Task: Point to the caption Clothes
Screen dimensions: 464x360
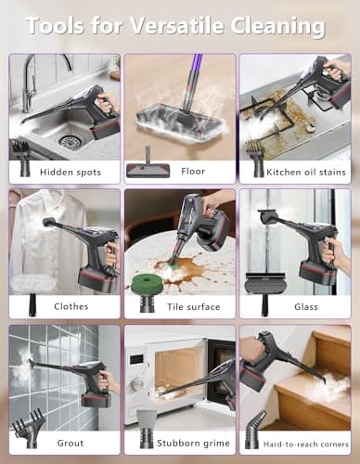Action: pyautogui.click(x=71, y=305)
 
